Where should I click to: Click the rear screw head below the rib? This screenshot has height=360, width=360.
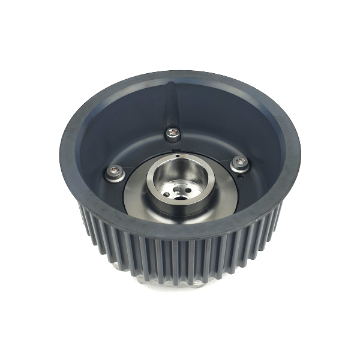click(172, 133)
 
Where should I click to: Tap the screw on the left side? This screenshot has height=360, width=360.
click(114, 173)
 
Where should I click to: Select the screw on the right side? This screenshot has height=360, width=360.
click(239, 162)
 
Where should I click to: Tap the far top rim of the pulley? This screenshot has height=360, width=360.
click(180, 77)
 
